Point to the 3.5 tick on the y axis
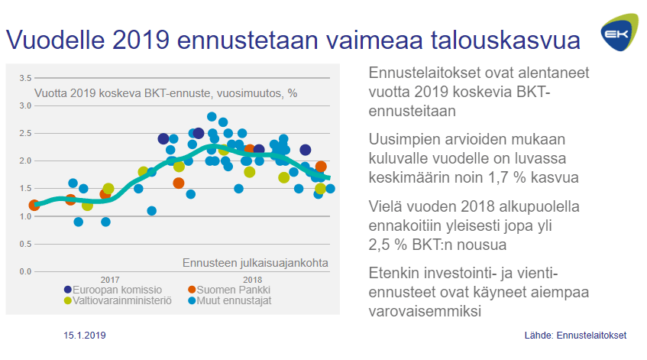(24, 78)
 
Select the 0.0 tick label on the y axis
(24, 271)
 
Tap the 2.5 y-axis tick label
(24, 133)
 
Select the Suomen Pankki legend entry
(234, 290)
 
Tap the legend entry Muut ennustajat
(234, 300)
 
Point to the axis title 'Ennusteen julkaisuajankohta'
(255, 263)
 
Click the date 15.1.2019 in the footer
(84, 336)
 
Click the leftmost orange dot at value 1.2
(34, 205)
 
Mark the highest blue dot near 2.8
(212, 117)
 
